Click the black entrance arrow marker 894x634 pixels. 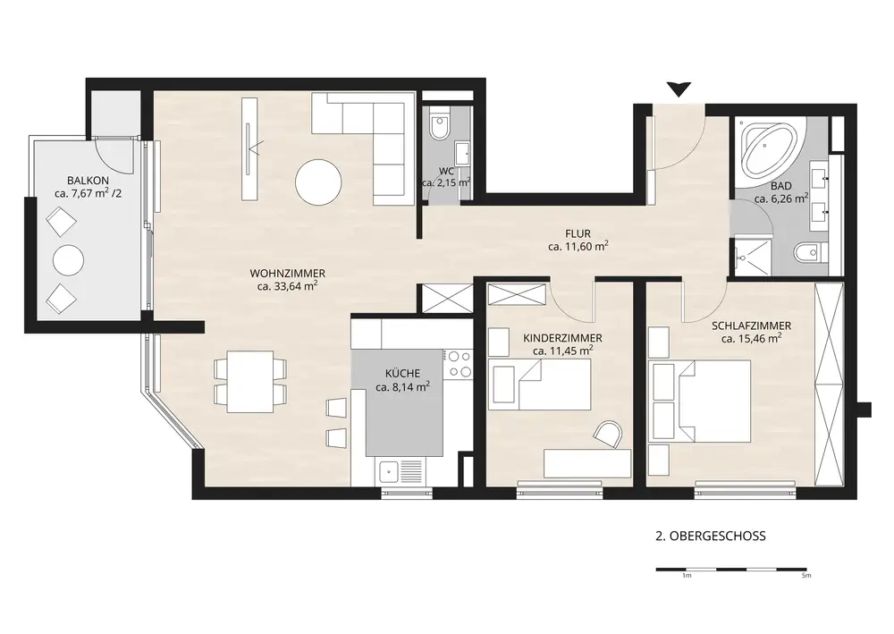[x=679, y=89]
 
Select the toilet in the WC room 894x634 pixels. [x=440, y=128]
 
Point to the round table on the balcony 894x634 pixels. [x=69, y=260]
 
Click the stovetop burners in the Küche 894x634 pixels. [x=460, y=364]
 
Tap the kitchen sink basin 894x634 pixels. [x=389, y=471]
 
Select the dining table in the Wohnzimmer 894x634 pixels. [x=250, y=382]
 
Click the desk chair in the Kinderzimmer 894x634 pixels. [x=608, y=435]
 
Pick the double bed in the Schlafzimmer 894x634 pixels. [x=701, y=401]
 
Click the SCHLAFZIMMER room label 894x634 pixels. [x=751, y=326]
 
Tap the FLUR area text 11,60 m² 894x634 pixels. [x=578, y=246]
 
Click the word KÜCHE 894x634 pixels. [x=402, y=374]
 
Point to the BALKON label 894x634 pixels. [x=88, y=181]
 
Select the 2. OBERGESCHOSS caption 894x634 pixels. [x=711, y=536]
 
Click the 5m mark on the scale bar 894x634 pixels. [x=805, y=576]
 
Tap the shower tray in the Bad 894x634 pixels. [x=752, y=258]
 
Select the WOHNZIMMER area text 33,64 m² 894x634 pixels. [x=287, y=286]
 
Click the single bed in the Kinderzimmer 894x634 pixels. [x=541, y=385]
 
